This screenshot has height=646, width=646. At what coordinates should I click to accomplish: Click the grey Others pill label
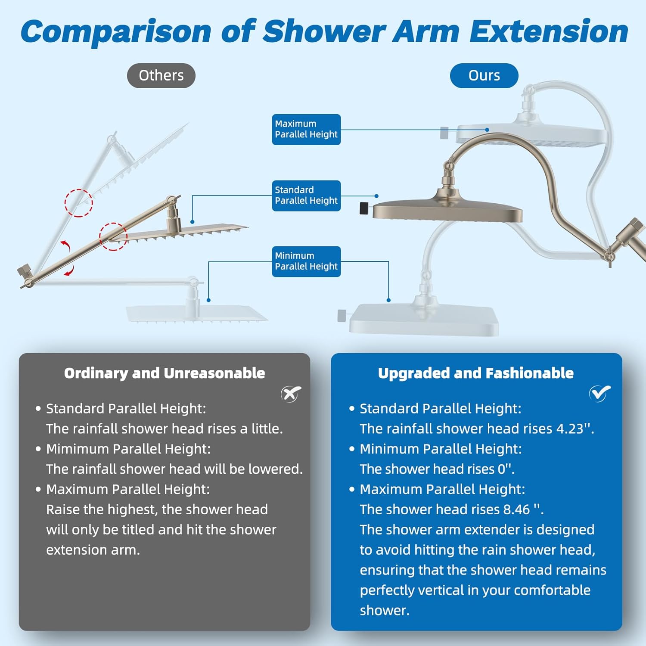(161, 76)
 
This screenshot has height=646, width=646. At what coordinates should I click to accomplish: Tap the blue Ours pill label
(484, 76)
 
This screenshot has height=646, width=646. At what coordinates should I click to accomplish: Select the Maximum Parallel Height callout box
(306, 129)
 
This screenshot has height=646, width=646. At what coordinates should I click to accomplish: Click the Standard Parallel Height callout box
(306, 196)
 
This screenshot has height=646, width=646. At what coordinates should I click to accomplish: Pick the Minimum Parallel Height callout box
(306, 261)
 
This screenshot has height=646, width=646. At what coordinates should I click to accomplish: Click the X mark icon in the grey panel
(291, 393)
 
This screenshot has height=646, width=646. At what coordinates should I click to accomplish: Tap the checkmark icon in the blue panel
(600, 393)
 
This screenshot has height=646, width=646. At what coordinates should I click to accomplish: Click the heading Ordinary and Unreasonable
(165, 373)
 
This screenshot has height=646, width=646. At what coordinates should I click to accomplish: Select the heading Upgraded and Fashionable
(475, 373)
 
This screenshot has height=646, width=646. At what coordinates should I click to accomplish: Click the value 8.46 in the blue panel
(516, 509)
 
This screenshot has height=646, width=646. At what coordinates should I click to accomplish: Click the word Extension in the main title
(549, 32)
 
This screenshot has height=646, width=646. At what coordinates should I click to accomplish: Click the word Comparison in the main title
(116, 32)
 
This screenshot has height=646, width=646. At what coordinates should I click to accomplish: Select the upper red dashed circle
(79, 203)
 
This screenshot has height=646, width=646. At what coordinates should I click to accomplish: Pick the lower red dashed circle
(113, 236)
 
